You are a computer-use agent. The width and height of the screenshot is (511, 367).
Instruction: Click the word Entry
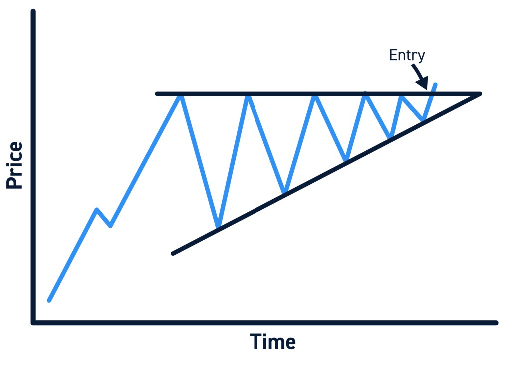tap(407, 55)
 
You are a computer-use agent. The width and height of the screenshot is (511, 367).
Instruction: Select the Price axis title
tap(15, 165)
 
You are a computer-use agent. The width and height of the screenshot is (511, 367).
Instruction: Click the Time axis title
tap(273, 342)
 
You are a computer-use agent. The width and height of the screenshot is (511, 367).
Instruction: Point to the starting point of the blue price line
tap(49, 300)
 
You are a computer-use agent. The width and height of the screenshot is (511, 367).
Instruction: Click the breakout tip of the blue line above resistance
tap(436, 85)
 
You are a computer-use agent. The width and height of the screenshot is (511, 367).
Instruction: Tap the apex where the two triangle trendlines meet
tap(480, 94)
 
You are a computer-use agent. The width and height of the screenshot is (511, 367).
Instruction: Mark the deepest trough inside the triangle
tap(218, 227)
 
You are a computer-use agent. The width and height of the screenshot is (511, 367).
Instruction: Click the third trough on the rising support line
tap(345, 160)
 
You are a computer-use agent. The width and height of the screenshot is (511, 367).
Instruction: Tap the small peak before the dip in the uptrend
tap(97, 209)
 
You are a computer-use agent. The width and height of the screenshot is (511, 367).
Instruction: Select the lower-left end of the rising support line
tap(173, 253)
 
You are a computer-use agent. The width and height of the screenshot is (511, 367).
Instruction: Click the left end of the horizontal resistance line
tap(157, 94)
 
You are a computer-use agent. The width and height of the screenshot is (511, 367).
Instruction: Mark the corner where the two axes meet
tap(33, 323)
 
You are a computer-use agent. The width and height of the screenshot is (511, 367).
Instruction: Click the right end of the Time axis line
tap(496, 323)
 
